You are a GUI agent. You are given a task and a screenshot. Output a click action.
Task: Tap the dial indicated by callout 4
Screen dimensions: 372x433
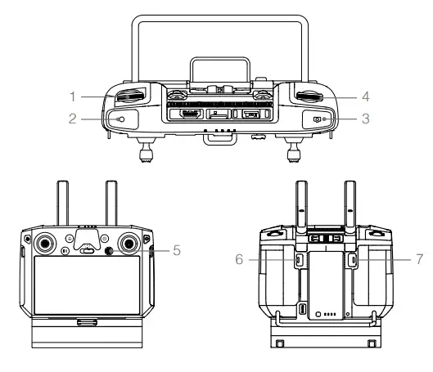click(309, 97)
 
